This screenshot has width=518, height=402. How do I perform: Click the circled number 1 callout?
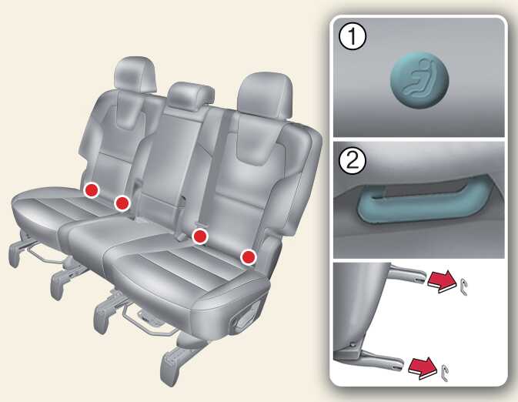coord(353,36)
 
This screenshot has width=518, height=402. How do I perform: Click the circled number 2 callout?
coord(353,161)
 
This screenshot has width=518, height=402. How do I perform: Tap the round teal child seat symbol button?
coord(419,80)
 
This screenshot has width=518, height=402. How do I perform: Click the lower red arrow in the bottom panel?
coord(423,368)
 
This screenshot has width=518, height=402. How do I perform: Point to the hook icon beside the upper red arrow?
coord(463,286)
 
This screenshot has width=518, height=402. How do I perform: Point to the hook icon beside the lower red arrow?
coord(445,373)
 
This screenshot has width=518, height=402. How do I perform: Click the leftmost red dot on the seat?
coord(91,189)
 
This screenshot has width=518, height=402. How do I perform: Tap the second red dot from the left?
coord(122,203)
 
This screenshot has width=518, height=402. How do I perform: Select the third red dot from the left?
coord(200,236)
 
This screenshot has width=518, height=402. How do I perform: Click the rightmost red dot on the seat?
coord(249,257)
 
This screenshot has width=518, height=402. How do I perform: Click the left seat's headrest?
coord(135,75)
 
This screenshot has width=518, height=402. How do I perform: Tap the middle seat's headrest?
coord(191,93)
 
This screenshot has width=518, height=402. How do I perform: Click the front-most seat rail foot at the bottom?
coord(172,367)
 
